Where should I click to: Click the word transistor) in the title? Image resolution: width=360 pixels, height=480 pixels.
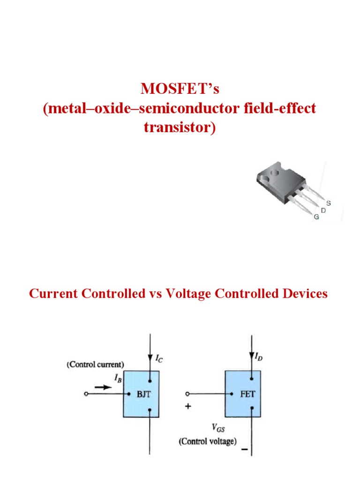(180, 127)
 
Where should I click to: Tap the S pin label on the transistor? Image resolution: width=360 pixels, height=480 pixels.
(329, 203)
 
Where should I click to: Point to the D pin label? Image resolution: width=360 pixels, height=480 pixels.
(323, 210)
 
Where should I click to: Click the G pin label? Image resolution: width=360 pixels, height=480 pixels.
(316, 217)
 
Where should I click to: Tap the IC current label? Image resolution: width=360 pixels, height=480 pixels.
(159, 360)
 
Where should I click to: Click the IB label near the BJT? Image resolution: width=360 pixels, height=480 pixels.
(117, 378)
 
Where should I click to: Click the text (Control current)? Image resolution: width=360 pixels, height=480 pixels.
(95, 364)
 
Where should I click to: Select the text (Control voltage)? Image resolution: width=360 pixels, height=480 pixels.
(207, 441)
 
